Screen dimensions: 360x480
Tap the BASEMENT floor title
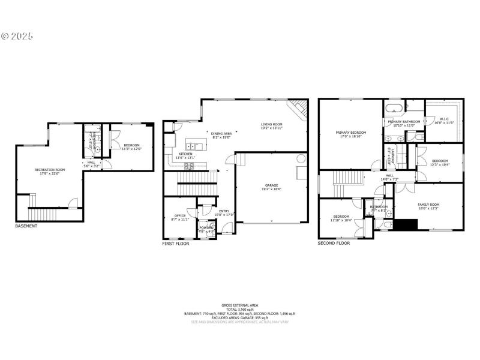26,226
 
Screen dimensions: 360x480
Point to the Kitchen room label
186,155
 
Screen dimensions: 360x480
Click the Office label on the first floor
179,217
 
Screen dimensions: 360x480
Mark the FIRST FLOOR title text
176,244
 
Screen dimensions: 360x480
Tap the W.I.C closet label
445,120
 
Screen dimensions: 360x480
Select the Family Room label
428,206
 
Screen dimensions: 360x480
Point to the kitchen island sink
195,146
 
